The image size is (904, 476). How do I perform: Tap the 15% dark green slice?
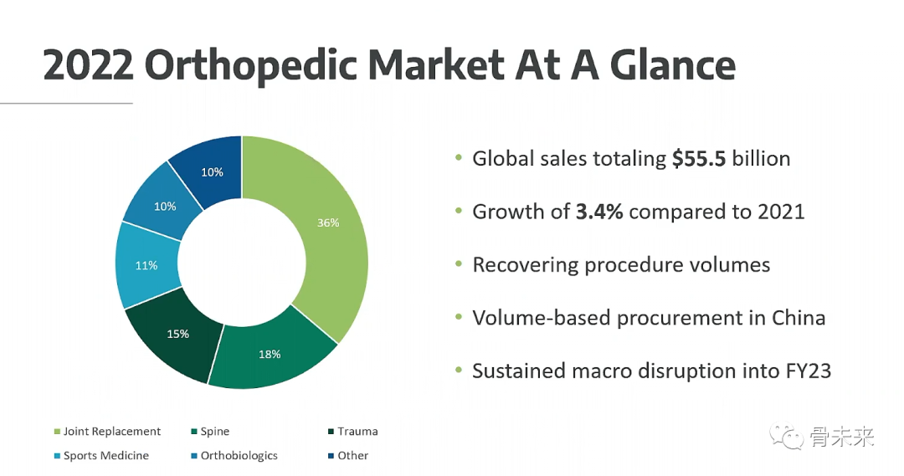176,335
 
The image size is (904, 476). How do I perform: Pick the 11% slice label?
146,266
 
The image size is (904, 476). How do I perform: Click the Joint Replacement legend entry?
107,431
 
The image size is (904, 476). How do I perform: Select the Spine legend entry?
210,431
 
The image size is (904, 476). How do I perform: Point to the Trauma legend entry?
353,431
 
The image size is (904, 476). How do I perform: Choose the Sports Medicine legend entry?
101,455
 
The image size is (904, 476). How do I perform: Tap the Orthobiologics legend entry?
234,455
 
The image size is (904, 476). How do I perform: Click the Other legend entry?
348,455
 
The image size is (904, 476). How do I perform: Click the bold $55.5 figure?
699,158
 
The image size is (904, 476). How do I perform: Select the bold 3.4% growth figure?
599,212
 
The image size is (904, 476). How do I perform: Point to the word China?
799,318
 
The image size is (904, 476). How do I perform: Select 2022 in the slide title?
88,64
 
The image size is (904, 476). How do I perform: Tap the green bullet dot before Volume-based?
459,317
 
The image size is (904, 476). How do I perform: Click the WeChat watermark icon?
786,438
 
